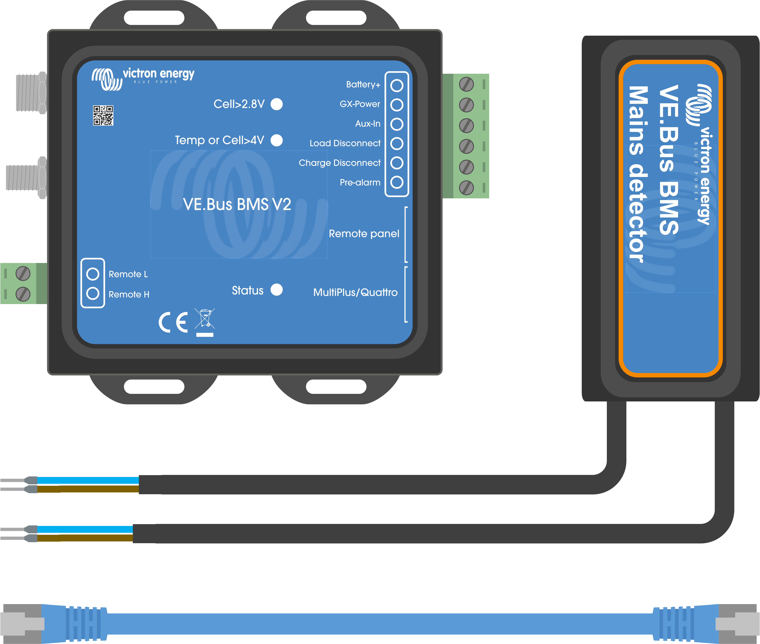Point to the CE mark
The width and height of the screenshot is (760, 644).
(173, 322)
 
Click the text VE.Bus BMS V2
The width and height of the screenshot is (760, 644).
(237, 204)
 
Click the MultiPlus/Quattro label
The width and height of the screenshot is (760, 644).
(355, 292)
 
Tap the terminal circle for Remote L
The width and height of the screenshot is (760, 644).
(93, 274)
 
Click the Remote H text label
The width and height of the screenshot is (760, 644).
(129, 294)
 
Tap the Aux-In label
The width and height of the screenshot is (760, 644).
(368, 124)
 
